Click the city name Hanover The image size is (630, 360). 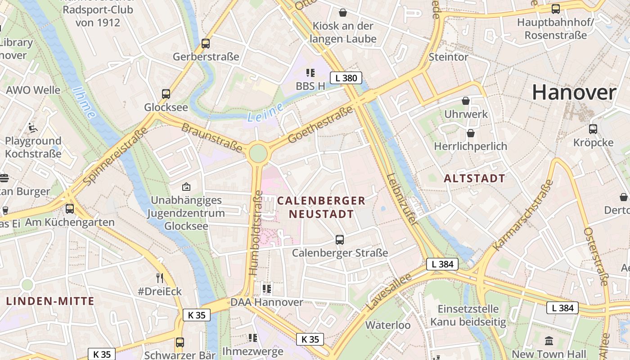tap(574, 93)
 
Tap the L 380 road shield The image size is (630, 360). tap(346, 78)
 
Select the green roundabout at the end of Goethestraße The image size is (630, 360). tap(258, 153)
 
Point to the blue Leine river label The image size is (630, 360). tap(265, 112)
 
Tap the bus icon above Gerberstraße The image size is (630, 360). tap(206, 44)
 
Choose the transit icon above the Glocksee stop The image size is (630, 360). tap(166, 94)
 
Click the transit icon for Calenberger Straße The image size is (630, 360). tap(340, 240)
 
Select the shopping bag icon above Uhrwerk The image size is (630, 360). tap(466, 101)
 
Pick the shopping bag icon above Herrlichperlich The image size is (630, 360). tap(470, 133)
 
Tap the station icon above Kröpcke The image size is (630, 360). tap(593, 129)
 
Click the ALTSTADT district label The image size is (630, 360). tap(474, 178)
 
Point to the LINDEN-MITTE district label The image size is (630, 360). tap(50, 301)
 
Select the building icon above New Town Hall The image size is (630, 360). tap(549, 341)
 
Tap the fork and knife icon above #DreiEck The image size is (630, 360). tap(159, 278)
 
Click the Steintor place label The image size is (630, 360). tap(448, 57)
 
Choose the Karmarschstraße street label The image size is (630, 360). tap(523, 216)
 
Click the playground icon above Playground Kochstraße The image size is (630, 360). tap(33, 128)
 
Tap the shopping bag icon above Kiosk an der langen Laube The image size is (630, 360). tap(343, 13)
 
